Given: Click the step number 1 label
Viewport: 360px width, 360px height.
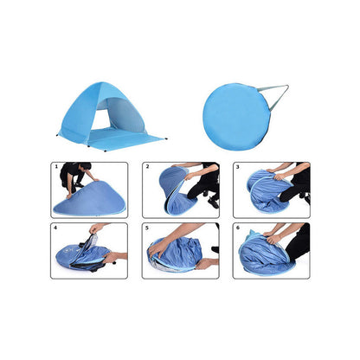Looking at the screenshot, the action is pyautogui.click(x=56, y=166).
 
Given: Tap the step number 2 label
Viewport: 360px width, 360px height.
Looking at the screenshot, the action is pyautogui.click(x=147, y=166).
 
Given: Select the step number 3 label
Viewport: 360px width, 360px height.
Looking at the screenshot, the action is pyautogui.click(x=238, y=167).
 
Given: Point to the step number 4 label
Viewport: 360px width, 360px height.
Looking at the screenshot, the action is pyautogui.click(x=55, y=228).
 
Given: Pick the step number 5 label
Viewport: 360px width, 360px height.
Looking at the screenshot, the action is pyautogui.click(x=147, y=228).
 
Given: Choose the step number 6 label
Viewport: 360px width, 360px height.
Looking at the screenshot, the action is pyautogui.click(x=238, y=228).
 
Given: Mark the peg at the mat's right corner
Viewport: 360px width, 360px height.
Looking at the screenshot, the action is pyautogui.click(x=166, y=139).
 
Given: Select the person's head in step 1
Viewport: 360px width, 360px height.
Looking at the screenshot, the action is pyautogui.click(x=85, y=166).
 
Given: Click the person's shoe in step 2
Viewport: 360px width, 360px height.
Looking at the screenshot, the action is pyautogui.click(x=213, y=202).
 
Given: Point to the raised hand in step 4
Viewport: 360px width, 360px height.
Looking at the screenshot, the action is pyautogui.click(x=95, y=228).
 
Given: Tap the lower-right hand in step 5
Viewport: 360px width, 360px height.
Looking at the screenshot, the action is pyautogui.click(x=203, y=264).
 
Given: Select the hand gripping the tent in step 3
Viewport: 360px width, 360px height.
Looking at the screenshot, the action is pyautogui.click(x=280, y=177).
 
